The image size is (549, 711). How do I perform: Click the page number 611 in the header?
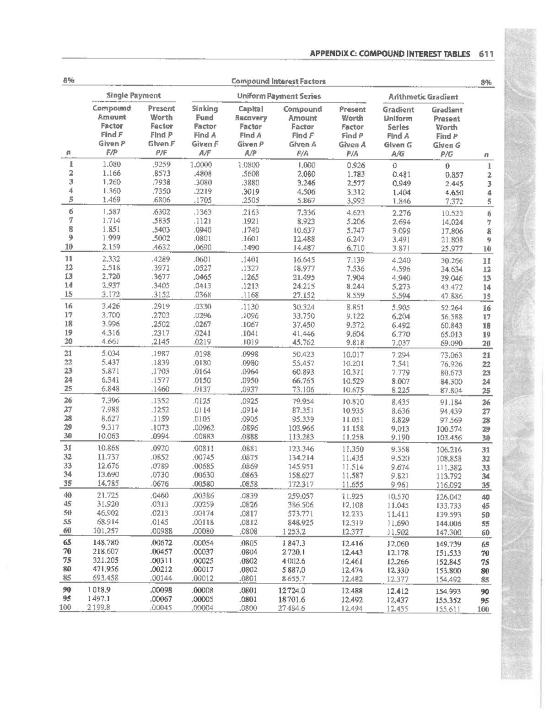point(486,54)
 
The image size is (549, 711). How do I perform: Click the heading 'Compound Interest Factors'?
point(278,81)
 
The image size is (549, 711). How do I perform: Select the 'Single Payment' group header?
point(133,95)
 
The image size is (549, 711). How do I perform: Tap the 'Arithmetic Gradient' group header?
point(423,97)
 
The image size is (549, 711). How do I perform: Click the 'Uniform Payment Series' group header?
point(279,96)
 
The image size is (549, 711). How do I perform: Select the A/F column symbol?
point(205,153)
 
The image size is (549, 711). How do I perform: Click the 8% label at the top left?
point(69,81)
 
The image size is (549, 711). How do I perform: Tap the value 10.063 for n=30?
point(109,436)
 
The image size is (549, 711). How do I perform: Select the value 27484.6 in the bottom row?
point(291,608)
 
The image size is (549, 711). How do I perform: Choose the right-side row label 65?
point(486,545)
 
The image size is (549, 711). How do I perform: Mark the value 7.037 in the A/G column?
point(401,342)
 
